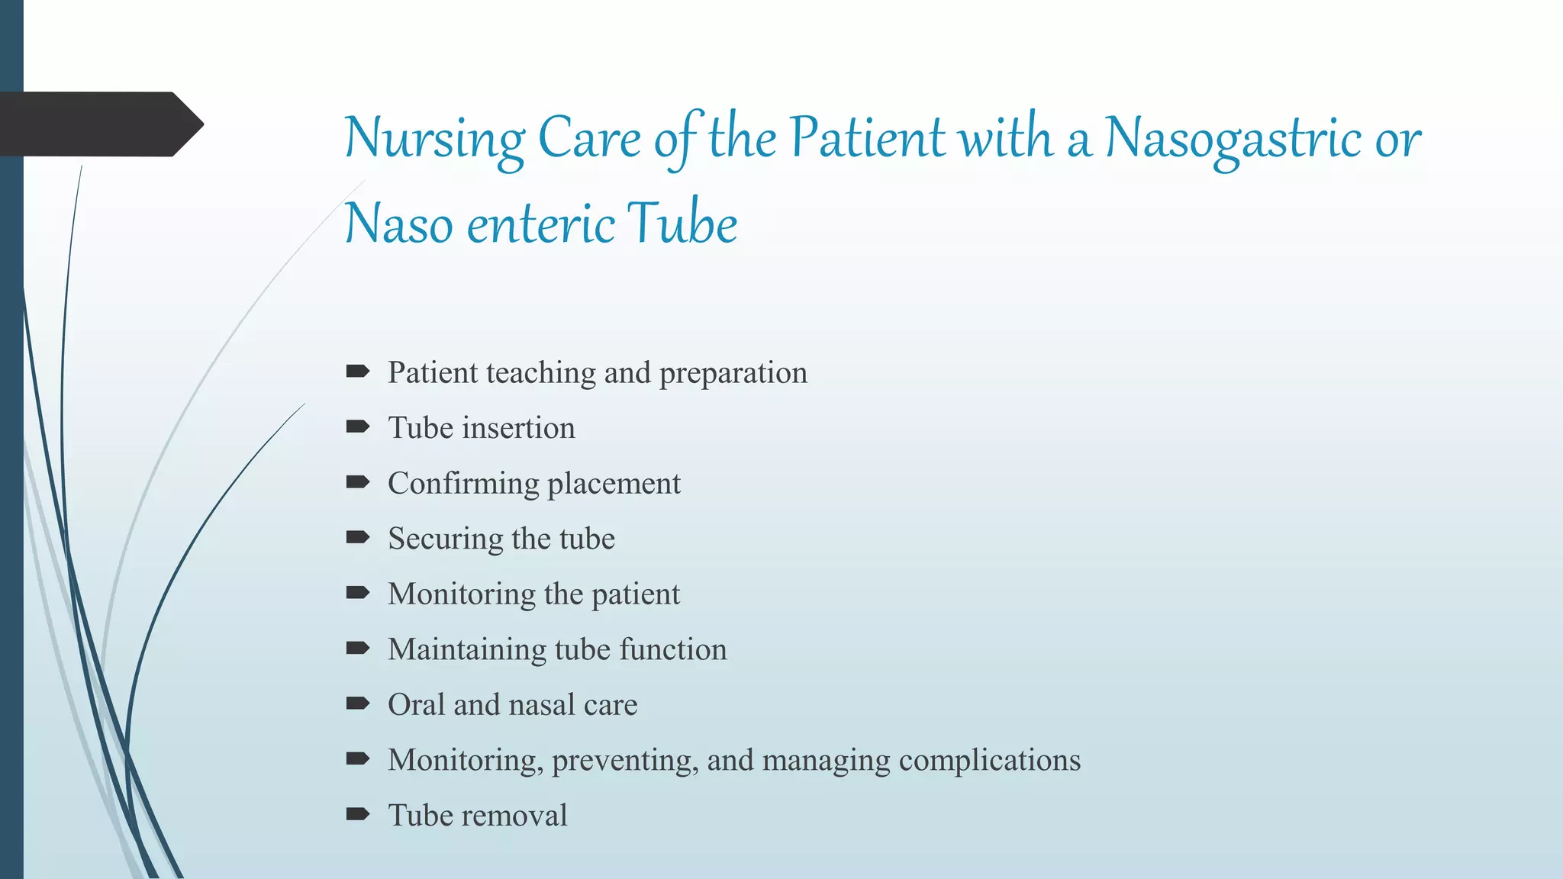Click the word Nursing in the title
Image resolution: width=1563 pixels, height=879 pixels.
pyautogui.click(x=434, y=140)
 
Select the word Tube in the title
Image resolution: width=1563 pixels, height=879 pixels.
pyautogui.click(x=682, y=224)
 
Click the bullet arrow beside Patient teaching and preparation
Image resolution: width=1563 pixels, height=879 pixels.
pyautogui.click(x=357, y=372)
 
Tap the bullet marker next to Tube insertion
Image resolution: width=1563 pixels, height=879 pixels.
pyautogui.click(x=357, y=427)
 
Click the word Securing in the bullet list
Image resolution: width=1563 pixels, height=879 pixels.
pyautogui.click(x=445, y=539)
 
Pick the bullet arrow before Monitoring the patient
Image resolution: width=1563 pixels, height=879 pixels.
pyautogui.click(x=357, y=593)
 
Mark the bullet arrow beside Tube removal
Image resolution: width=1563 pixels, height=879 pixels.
pyautogui.click(x=357, y=814)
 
